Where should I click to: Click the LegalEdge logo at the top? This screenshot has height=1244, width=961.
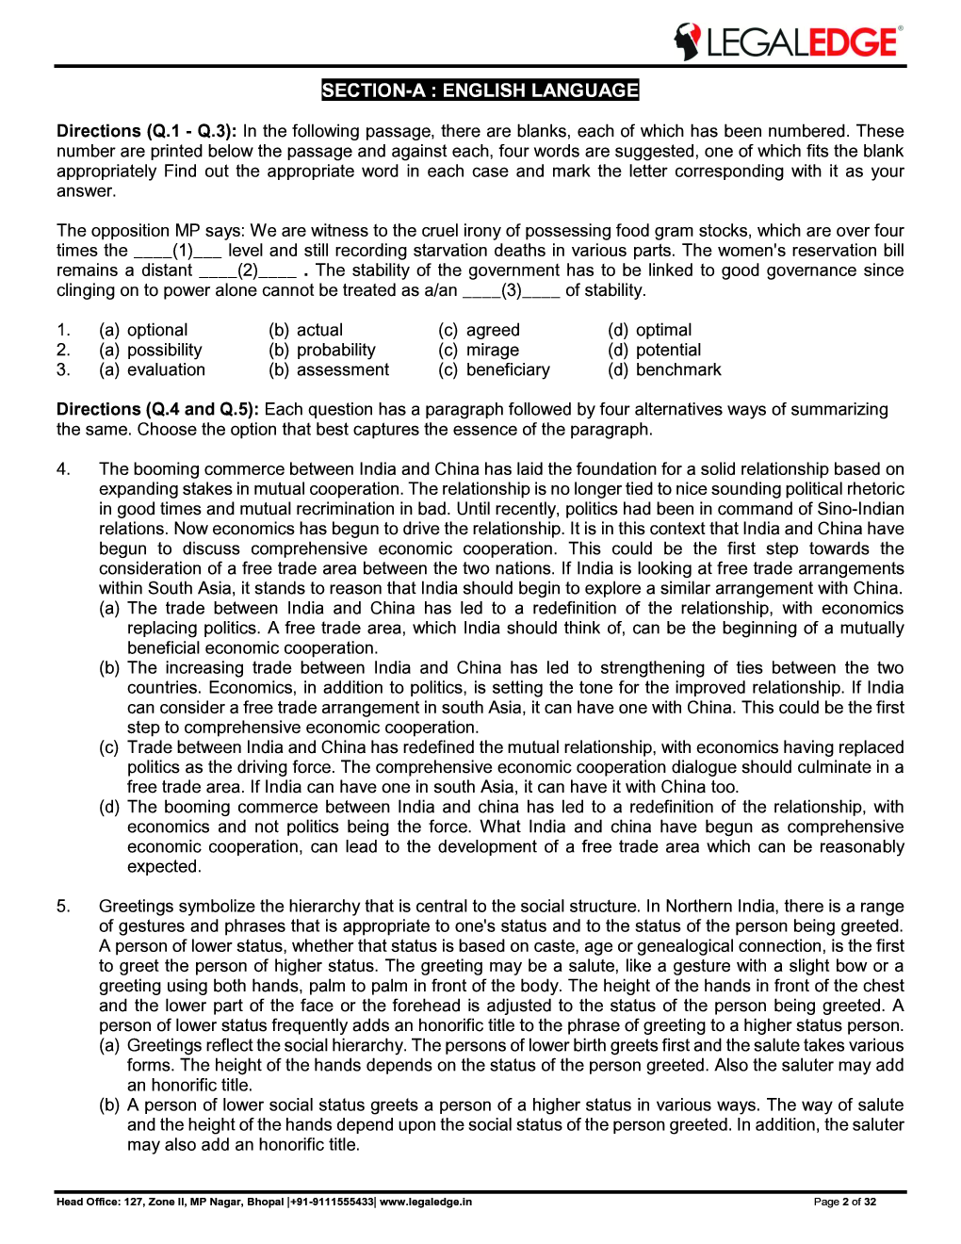pos(788,41)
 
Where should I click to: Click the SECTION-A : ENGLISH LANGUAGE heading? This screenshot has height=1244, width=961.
pos(480,90)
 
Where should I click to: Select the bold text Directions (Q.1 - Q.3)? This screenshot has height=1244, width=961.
pos(147,131)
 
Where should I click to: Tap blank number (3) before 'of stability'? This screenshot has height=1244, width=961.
pos(511,290)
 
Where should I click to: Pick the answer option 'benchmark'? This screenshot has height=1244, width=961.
pos(677,369)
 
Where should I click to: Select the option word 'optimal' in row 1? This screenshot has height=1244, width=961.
pos(663,330)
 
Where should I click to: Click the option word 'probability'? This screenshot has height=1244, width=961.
pos(335,350)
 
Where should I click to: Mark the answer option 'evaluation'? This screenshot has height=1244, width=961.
pos(166,369)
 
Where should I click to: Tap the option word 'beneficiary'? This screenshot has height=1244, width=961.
pos(508,369)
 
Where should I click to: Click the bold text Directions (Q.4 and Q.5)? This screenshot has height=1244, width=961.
pos(157,409)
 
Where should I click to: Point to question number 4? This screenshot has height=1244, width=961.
pos(63,468)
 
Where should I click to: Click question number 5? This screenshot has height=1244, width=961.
pos(63,906)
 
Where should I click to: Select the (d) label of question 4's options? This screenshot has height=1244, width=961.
pos(109,807)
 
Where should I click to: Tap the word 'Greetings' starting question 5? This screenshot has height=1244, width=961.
pos(137,906)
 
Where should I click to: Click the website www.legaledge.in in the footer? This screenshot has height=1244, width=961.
pos(426,1202)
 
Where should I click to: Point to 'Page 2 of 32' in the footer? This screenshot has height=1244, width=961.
pos(844,1202)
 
